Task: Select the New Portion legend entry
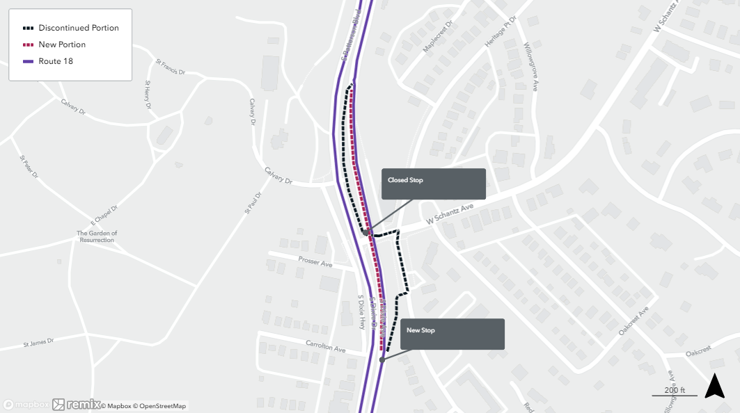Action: coord(62,44)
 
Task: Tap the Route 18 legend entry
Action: coord(56,61)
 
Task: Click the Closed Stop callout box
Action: coord(433,184)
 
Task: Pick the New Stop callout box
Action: coord(452,334)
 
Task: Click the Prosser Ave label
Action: coord(315,262)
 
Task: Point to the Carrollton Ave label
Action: coord(325,346)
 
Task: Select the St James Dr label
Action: coord(38,342)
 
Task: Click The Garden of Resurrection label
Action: coord(97,236)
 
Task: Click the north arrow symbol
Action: coord(714,386)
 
